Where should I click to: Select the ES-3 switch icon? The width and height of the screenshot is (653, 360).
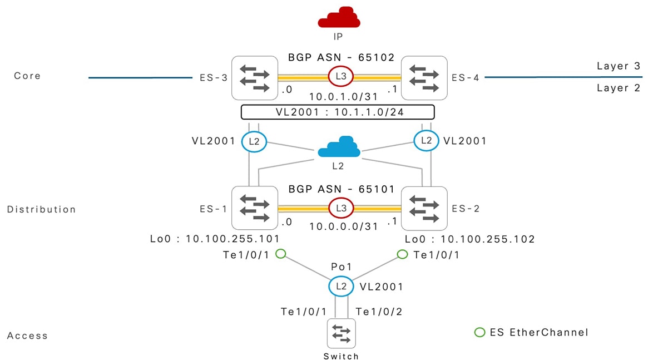point(255,78)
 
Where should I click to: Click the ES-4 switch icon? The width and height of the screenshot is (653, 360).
point(424,78)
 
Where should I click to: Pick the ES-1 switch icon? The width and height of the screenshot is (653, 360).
point(255,209)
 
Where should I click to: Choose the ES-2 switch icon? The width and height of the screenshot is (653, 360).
point(424,209)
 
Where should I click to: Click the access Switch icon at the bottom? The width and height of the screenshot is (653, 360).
point(341,334)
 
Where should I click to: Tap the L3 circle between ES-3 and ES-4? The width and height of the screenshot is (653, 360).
point(340,77)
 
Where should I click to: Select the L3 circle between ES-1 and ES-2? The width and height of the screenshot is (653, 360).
point(340,208)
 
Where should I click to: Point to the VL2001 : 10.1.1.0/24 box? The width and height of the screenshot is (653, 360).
point(337,112)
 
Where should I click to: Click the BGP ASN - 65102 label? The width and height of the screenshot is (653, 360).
point(341,57)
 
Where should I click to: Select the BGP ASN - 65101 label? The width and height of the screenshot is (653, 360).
point(341,189)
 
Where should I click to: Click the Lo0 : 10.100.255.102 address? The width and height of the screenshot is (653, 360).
point(469,239)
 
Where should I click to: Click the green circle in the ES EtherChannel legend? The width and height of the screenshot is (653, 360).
point(479,333)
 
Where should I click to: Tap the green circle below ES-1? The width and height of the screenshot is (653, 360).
point(281,254)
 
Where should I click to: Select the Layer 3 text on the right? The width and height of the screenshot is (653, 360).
point(619,66)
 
